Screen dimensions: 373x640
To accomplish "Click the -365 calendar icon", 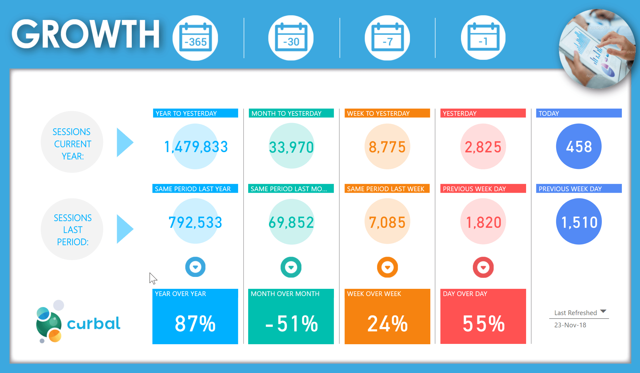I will (x=195, y=38).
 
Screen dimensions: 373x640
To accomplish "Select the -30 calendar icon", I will (x=291, y=38).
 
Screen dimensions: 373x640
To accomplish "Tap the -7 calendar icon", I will (x=387, y=38).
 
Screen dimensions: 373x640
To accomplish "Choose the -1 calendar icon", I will (x=483, y=38).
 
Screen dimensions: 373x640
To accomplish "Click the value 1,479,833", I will (x=196, y=147).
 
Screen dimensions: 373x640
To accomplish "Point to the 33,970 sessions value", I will (x=291, y=147).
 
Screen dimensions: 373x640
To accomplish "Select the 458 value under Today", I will (x=579, y=147).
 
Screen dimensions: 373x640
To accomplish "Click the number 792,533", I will (x=195, y=222).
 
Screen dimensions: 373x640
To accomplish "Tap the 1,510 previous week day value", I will (x=579, y=222).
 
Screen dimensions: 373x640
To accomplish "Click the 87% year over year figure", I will (x=195, y=324).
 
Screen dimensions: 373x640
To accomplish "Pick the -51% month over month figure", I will (x=291, y=324).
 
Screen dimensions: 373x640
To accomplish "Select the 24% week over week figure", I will (x=387, y=324).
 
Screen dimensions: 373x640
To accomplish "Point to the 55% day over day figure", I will (x=484, y=324).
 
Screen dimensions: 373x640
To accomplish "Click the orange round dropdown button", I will (x=387, y=267).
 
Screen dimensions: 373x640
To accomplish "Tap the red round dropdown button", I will (x=483, y=267).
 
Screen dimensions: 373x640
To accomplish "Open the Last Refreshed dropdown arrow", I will (x=603, y=311).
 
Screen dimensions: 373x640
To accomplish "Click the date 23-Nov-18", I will (x=570, y=325).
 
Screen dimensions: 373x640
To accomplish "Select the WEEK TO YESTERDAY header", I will (x=378, y=113).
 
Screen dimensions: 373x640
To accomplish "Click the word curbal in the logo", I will (x=94, y=324).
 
